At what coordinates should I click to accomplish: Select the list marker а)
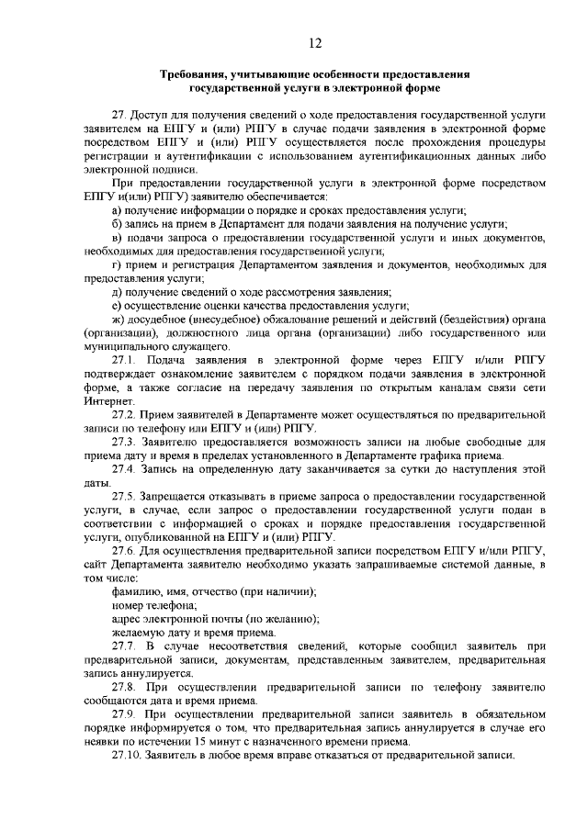(115, 209)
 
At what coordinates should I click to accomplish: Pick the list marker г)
(115, 265)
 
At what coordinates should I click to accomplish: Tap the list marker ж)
(116, 320)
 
